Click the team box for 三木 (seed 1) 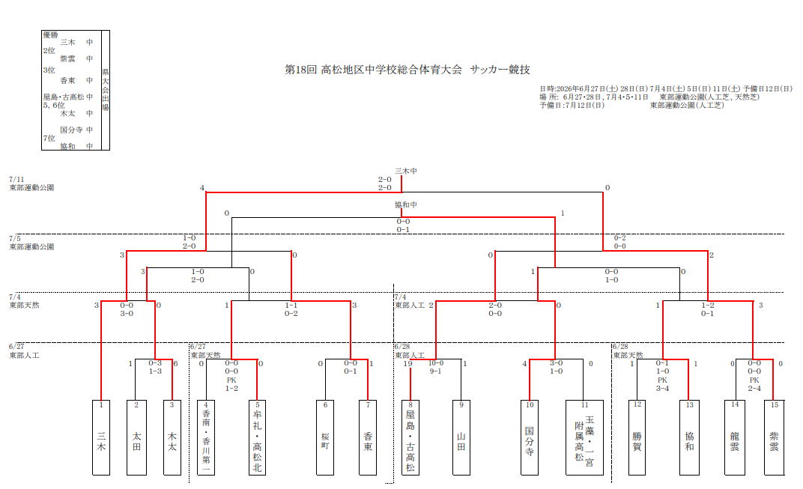coord(101,438)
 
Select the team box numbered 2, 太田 coord(137,438)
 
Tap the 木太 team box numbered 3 coord(172,438)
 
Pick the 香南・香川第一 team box coord(206,438)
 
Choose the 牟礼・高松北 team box coord(257,438)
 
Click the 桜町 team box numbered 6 coord(325,438)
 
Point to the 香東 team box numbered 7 coord(368,438)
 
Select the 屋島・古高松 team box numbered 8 coord(410,438)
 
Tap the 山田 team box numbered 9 coord(461,438)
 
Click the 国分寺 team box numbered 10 coord(530,438)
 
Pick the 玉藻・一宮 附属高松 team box coord(584,438)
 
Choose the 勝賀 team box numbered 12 coord(637,438)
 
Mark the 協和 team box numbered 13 coord(689,438)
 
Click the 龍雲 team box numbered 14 coord(735,438)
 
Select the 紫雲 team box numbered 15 coord(775,438)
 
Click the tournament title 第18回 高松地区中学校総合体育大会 coord(373,70)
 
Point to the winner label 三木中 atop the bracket coord(405,171)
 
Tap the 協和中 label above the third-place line coord(405,205)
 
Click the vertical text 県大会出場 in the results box coord(106,90)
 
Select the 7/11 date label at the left coord(16,179)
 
